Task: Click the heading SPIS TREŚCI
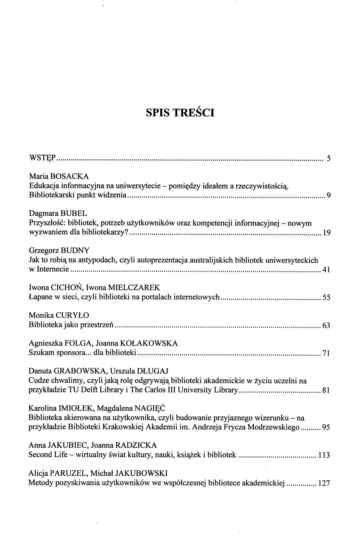pyautogui.click(x=180, y=113)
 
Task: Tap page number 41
pyautogui.click(x=326, y=270)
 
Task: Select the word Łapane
pyautogui.click(x=39, y=297)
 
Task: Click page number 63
pyautogui.click(x=326, y=325)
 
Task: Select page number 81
pyautogui.click(x=326, y=391)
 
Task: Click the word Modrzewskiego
pyautogui.click(x=277, y=427)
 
